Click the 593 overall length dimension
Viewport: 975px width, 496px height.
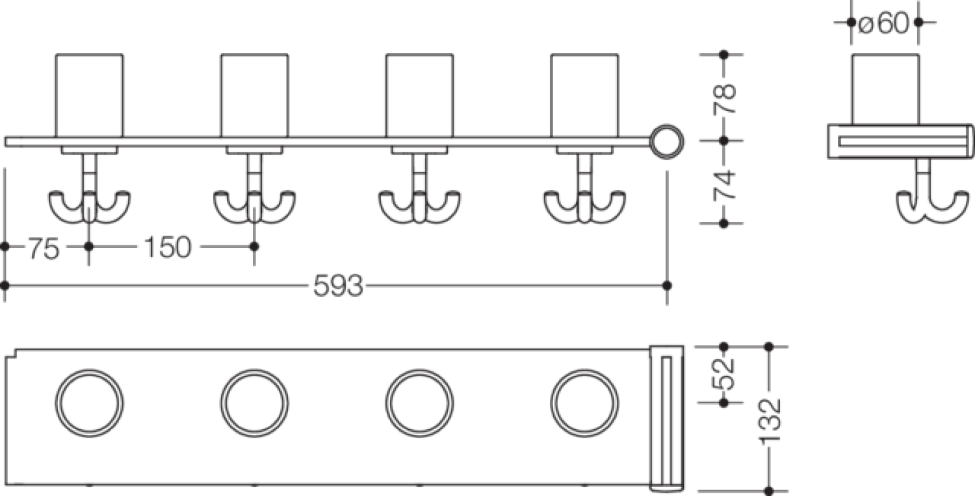click(x=338, y=286)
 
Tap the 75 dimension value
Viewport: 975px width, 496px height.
click(x=44, y=248)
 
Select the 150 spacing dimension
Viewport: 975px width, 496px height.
click(x=168, y=247)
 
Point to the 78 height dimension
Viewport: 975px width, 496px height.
click(x=724, y=99)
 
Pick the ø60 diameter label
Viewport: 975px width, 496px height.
click(x=884, y=23)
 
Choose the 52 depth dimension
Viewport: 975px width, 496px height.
click(x=723, y=373)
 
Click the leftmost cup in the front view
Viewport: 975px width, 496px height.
click(x=89, y=96)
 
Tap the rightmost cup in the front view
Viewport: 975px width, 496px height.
click(x=584, y=96)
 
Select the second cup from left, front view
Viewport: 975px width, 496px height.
click(x=255, y=96)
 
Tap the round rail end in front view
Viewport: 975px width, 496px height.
click(x=667, y=142)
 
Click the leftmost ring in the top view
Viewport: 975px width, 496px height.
click(x=89, y=403)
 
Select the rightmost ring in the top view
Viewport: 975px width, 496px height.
click(x=584, y=403)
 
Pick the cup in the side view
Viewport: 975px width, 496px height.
click(x=886, y=90)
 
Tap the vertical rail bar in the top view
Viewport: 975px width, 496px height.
click(x=667, y=419)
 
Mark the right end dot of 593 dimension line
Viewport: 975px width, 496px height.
click(x=667, y=286)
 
